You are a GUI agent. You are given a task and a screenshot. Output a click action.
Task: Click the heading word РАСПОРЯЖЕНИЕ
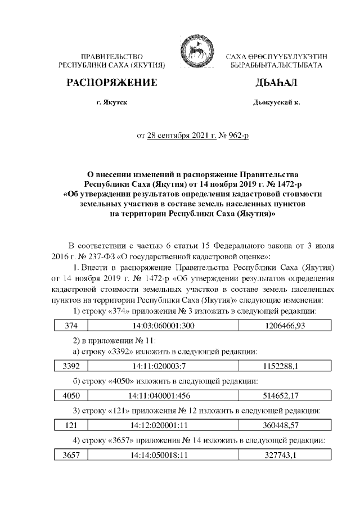pyautogui.click(x=112, y=84)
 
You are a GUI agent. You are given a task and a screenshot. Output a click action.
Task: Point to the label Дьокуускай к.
pyautogui.click(x=277, y=103)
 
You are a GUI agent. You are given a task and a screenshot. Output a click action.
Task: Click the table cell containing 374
pyautogui.click(x=71, y=326)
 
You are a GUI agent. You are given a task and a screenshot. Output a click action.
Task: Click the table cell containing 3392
pyautogui.click(x=71, y=366)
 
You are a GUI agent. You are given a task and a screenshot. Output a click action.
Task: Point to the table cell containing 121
pyautogui.click(x=71, y=426)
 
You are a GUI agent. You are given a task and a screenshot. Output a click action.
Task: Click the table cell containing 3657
pyautogui.click(x=71, y=456)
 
